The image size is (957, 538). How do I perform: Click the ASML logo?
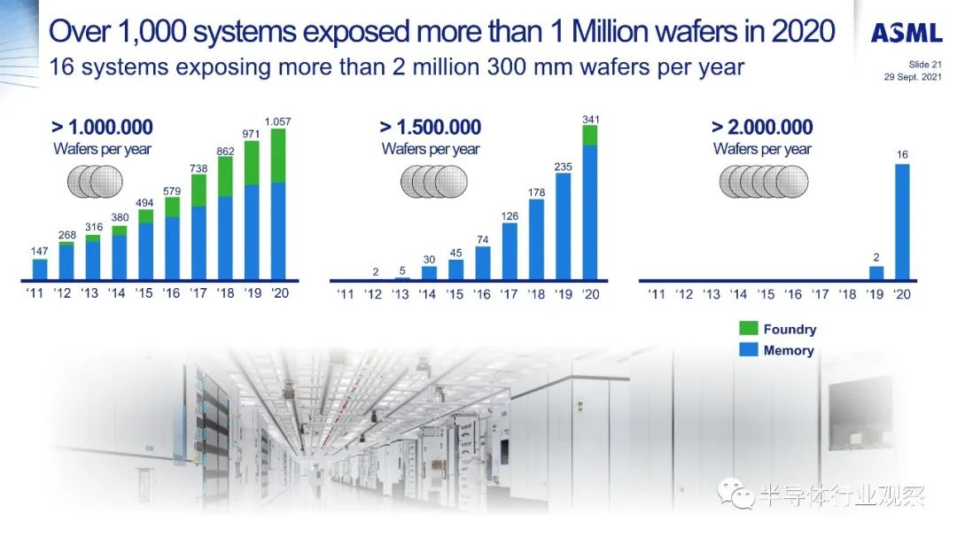tap(906, 33)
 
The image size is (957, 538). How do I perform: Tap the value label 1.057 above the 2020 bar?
tap(277, 121)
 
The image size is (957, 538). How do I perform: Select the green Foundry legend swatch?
tap(748, 329)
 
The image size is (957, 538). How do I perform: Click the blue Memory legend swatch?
tap(748, 349)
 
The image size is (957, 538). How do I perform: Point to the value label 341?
tap(590, 119)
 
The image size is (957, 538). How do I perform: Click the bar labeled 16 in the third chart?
tap(902, 222)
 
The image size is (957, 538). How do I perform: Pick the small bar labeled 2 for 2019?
tap(875, 273)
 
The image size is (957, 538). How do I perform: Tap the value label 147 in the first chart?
tap(40, 251)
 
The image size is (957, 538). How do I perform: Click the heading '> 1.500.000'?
tap(431, 127)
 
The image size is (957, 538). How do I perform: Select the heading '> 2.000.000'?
tap(762, 127)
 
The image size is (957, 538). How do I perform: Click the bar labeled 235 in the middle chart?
tap(564, 227)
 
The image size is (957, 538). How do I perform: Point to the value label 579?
tap(172, 191)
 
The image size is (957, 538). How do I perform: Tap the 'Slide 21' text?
tap(925, 64)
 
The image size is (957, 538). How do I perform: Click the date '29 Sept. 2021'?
tap(913, 77)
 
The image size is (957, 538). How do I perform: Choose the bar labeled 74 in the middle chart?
tap(483, 263)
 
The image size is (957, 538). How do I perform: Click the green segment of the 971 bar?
tap(252, 163)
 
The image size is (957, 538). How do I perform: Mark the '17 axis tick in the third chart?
tap(821, 294)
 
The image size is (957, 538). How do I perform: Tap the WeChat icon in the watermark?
tap(735, 494)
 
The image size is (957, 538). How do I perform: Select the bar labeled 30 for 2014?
tap(429, 273)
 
